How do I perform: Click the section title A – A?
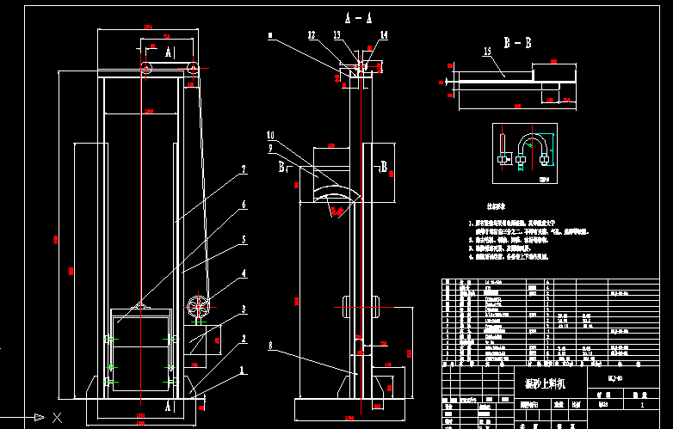(358, 17)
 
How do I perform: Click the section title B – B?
(517, 40)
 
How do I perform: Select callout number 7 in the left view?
(244, 170)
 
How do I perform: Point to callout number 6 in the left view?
(244, 205)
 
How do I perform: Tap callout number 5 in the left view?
(244, 239)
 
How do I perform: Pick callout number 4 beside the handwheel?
(244, 273)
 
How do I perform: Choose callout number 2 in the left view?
(244, 340)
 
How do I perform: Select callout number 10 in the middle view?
(270, 136)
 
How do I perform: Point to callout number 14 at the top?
(383, 35)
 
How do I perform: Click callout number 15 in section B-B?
(486, 52)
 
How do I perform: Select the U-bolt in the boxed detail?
(534, 146)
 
